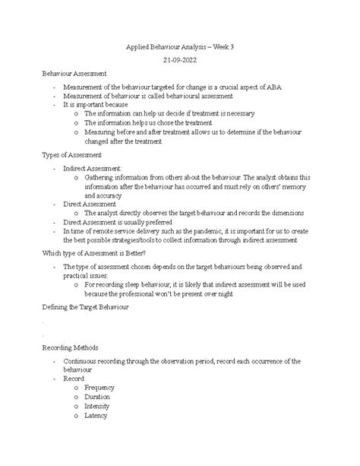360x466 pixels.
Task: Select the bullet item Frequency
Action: (x=99, y=388)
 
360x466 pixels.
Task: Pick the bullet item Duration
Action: (x=97, y=397)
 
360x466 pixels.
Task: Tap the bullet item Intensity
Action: (x=97, y=406)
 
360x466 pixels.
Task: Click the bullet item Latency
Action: (x=96, y=415)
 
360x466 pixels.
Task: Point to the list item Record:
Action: (x=75, y=378)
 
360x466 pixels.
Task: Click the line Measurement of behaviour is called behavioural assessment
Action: (x=148, y=96)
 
